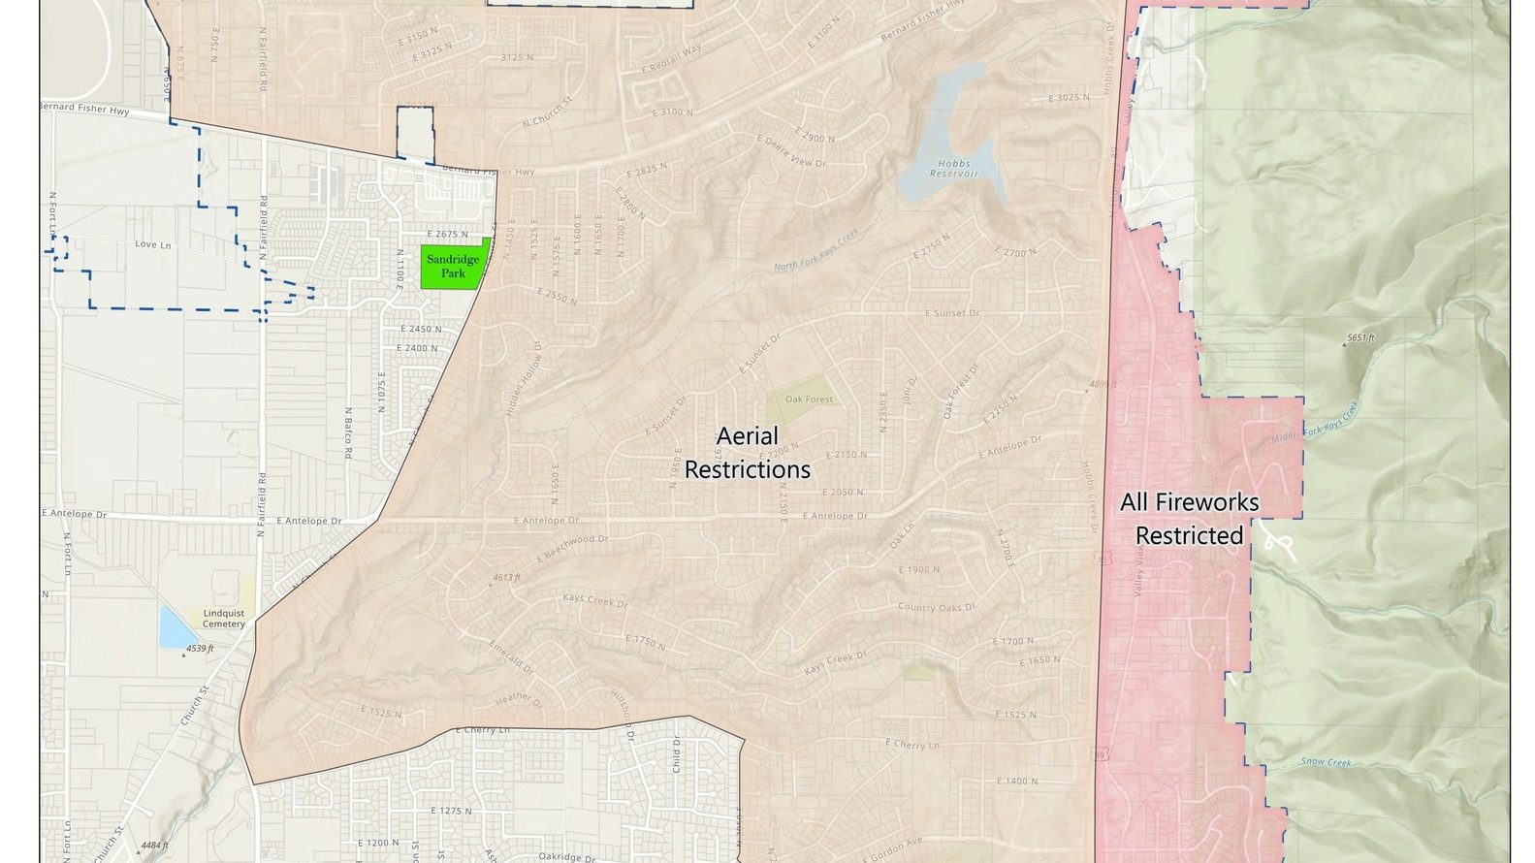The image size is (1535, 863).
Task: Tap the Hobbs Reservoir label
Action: click(954, 169)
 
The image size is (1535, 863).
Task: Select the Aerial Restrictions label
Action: click(748, 453)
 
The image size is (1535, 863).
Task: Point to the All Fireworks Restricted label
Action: click(1189, 519)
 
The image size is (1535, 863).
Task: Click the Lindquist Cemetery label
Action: click(224, 619)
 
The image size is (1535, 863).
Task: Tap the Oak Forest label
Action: click(809, 400)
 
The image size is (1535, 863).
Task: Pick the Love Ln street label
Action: click(152, 245)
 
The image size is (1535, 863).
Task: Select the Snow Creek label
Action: click(1326, 763)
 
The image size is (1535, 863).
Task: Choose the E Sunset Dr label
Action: click(952, 314)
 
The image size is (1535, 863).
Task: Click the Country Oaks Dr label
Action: click(936, 608)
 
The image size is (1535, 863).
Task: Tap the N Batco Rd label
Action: click(347, 425)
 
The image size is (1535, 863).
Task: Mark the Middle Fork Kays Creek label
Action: click(1317, 424)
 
